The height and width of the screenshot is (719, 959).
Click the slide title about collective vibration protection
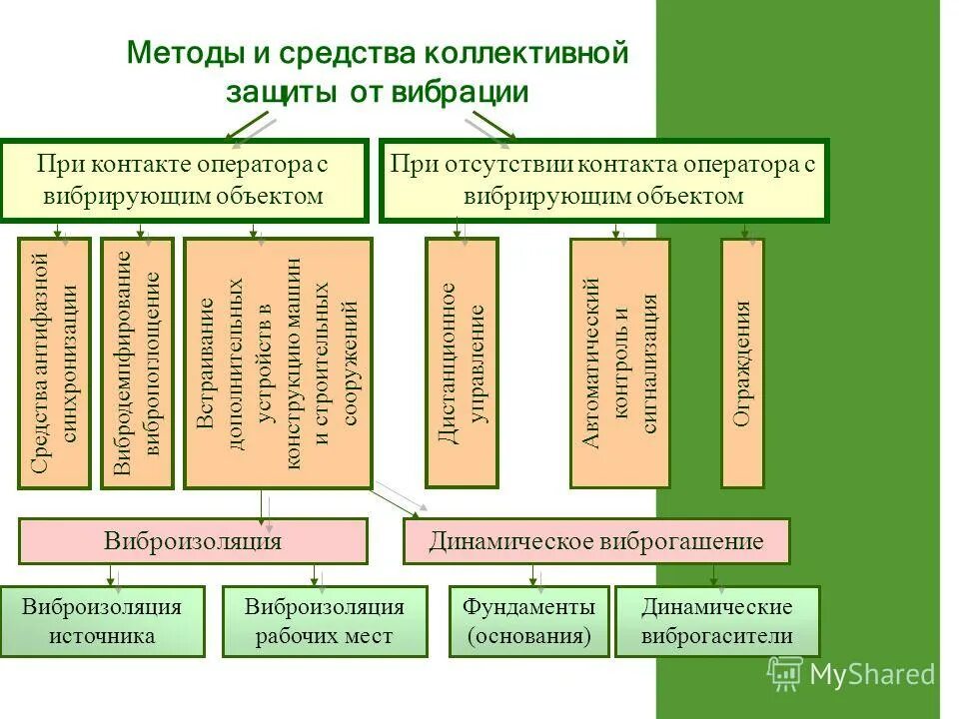pos(378,71)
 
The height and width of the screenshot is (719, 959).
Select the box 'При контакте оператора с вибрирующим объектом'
pos(184,180)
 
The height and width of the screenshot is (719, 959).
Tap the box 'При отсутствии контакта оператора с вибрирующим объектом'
pos(603,180)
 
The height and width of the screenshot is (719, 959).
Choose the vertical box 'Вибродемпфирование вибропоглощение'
pos(137,362)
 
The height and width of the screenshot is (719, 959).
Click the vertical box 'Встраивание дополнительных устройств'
pos(278,362)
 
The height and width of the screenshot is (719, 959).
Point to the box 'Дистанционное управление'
pos(462,362)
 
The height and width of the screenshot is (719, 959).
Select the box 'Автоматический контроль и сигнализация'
pos(619,362)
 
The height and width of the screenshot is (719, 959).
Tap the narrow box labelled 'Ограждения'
pos(742,362)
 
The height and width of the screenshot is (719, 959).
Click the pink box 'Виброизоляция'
pos(194,541)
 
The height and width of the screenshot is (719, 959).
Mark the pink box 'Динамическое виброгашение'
pos(596,541)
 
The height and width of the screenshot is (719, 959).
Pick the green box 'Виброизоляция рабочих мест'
pos(325,621)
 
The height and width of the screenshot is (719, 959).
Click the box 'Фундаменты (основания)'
pos(528,621)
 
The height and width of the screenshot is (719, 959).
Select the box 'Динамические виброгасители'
pos(716,621)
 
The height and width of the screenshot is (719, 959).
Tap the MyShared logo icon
pos(785,673)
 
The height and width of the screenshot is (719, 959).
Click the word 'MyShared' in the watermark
pos(872,674)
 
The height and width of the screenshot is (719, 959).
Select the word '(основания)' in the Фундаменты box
pos(528,635)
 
